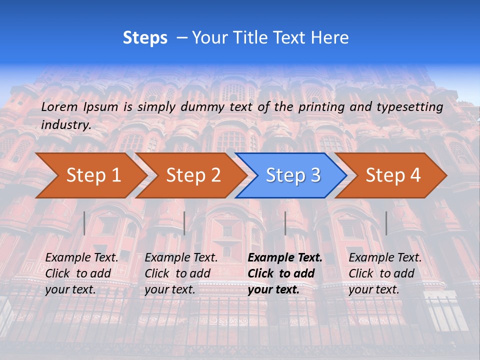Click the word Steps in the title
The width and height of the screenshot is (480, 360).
point(145,38)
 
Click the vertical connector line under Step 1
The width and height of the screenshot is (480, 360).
point(84,223)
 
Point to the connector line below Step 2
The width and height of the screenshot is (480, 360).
point(184,223)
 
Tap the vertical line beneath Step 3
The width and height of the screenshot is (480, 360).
point(285,223)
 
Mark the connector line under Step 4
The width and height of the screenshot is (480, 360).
point(386,223)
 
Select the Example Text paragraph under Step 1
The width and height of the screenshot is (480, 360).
point(81,273)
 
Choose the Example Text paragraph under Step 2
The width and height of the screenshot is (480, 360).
point(181,273)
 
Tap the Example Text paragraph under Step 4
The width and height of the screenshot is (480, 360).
point(385,273)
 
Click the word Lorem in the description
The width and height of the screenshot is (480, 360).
point(59,106)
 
